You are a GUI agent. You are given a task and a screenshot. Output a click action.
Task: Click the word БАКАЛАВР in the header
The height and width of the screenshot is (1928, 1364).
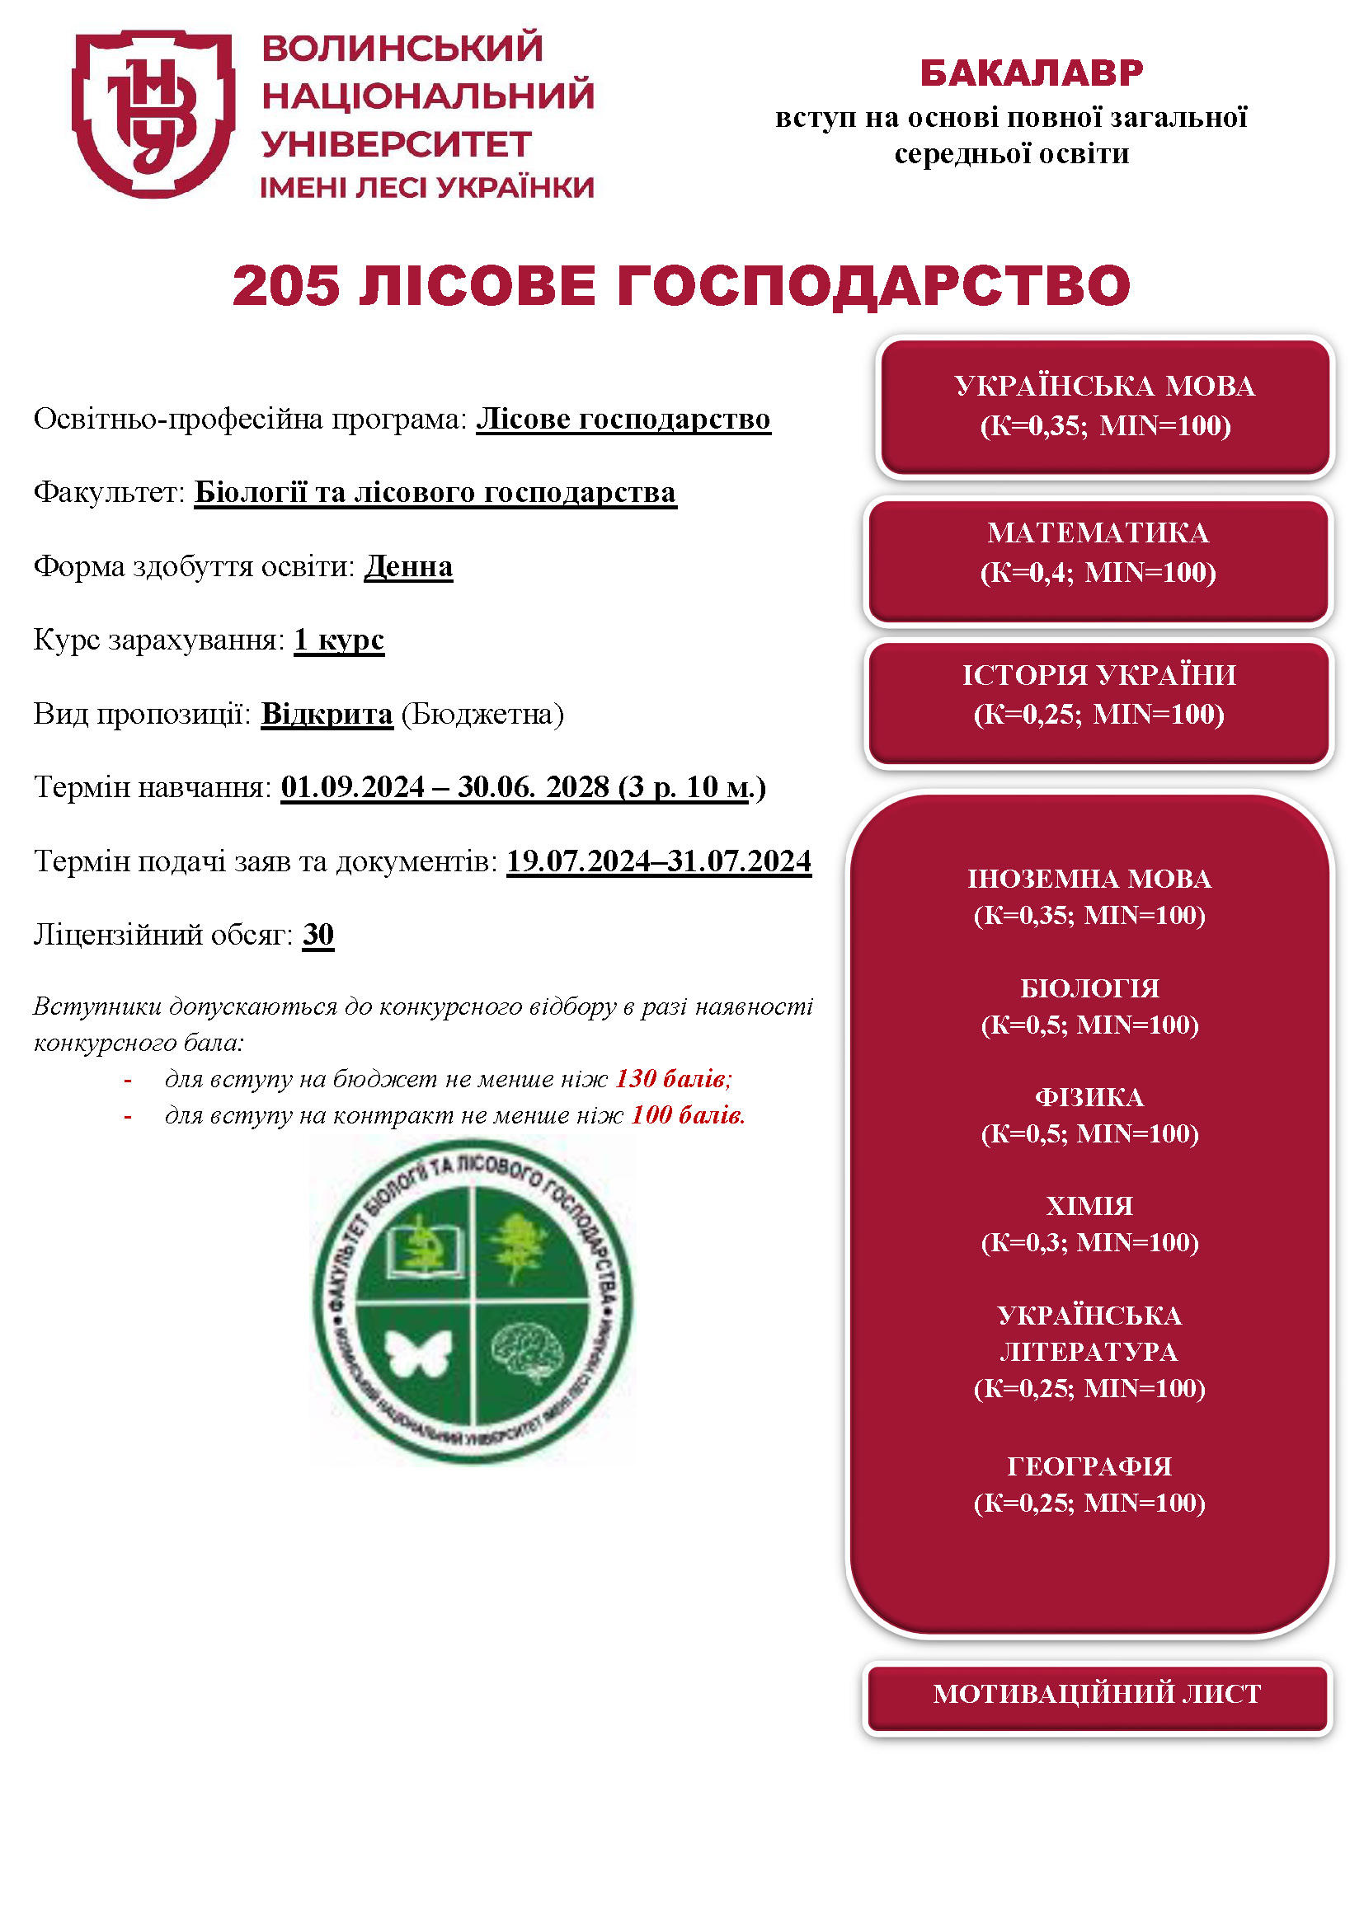tap(1032, 73)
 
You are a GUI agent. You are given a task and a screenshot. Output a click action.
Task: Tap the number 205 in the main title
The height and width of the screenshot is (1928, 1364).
tap(286, 285)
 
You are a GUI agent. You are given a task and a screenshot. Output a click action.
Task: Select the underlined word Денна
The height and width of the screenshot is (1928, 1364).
tap(408, 567)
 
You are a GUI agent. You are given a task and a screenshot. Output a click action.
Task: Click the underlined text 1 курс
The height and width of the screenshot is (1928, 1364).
tap(338, 640)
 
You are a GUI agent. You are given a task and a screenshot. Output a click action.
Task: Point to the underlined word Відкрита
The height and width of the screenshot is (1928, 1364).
tap(327, 714)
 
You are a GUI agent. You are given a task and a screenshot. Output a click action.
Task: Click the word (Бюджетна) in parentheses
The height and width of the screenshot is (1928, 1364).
tap(482, 714)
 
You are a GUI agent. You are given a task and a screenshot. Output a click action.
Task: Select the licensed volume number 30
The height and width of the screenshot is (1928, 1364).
tap(318, 935)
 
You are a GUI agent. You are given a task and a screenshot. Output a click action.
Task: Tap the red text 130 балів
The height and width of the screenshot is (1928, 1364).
tap(673, 1079)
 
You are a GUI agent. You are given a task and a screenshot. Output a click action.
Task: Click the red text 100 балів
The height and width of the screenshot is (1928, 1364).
tap(688, 1116)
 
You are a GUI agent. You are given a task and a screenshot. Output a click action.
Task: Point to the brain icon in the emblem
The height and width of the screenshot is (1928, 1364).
tap(529, 1351)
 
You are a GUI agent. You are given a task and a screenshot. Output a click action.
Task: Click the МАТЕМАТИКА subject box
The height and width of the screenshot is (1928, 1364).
tap(1098, 561)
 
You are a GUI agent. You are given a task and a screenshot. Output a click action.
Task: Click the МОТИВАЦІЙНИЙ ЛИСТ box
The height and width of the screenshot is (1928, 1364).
tap(1097, 1694)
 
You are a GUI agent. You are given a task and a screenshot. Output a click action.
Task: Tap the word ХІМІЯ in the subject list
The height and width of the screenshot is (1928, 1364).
tap(1089, 1207)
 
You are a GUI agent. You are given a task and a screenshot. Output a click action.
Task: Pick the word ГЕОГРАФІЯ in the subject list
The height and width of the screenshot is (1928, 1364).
tap(1089, 1466)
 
